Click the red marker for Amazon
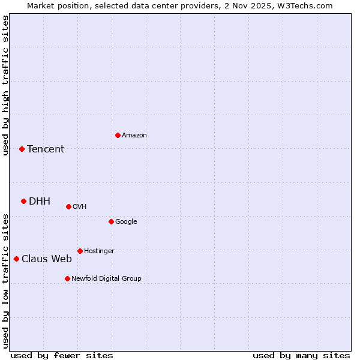coord(118,135)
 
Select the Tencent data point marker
coord(22,149)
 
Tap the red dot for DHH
coord(23,201)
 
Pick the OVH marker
coord(68,206)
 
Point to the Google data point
coord(111,221)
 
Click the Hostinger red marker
coord(80,251)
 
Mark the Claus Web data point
coord(16,259)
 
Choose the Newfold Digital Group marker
coord(67,278)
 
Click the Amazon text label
coord(134,136)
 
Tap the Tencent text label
coord(46,149)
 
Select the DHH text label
coord(40,202)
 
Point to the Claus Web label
coord(47,259)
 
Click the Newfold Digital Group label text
coord(107,278)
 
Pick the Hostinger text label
coord(99,251)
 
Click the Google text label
coord(126,222)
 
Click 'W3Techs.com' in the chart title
coord(308,5)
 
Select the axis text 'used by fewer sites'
coord(62,355)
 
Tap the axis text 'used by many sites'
coord(301,355)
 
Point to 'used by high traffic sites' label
coord(5,85)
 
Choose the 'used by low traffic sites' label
coord(5,281)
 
